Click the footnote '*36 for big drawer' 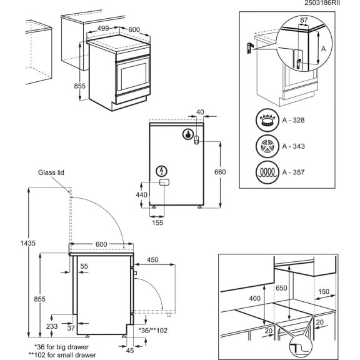[62, 346]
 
